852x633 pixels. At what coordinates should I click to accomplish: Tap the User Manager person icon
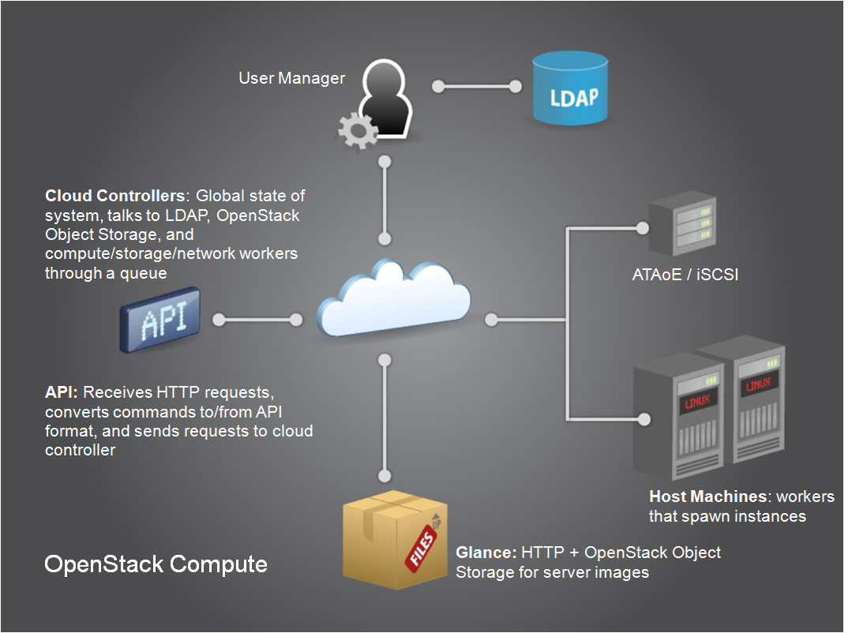(385, 99)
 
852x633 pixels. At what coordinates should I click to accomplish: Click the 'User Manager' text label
(291, 78)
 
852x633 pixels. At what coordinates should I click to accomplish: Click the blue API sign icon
(160, 320)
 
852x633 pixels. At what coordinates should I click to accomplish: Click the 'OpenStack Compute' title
(156, 564)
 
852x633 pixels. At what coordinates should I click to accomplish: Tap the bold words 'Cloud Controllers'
(115, 195)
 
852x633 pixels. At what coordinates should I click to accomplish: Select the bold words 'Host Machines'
(707, 496)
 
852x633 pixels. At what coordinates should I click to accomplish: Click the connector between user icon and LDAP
(477, 85)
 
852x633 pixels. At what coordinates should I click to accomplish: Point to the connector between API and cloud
(257, 320)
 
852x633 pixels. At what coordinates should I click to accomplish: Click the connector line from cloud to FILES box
(385, 418)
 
